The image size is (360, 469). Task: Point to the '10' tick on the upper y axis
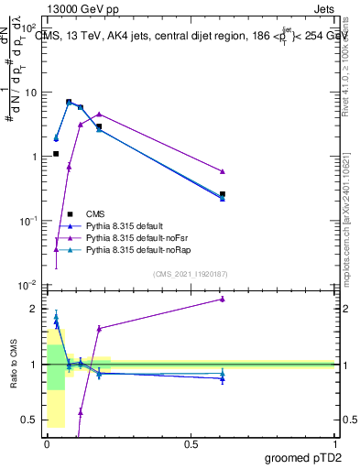(30, 93)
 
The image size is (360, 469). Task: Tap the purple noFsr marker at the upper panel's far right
(223, 171)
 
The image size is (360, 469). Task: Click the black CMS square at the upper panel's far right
(223, 194)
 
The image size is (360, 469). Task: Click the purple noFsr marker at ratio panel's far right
(223, 299)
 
